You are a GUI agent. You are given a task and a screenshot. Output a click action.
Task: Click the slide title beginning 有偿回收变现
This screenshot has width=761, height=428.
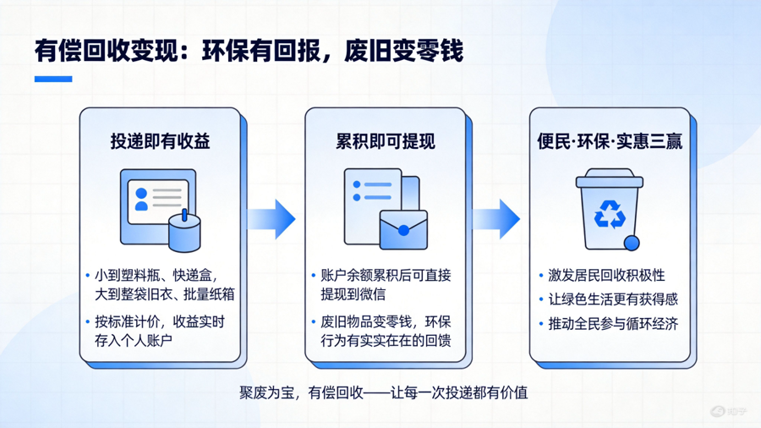tap(249, 51)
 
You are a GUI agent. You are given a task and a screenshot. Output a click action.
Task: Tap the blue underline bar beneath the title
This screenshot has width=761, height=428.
tap(53, 79)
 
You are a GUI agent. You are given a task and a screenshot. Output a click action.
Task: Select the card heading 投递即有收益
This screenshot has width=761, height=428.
tap(160, 141)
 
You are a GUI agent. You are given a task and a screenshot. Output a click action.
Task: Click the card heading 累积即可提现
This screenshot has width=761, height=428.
tap(386, 141)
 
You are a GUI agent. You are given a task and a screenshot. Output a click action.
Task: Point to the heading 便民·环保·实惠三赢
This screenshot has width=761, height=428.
tap(610, 141)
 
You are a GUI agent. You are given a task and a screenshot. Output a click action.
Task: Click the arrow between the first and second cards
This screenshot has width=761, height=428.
tap(271, 219)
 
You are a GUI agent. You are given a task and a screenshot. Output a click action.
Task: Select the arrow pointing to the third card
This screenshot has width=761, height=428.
tap(496, 219)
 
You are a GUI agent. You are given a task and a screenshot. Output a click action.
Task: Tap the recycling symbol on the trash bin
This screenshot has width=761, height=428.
tap(610, 215)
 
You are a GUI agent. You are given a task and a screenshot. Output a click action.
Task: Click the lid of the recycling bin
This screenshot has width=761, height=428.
tap(610, 178)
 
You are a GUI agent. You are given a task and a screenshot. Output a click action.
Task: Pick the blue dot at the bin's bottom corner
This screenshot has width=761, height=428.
tap(632, 243)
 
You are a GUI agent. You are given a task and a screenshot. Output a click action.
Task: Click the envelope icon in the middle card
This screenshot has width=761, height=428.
tap(403, 229)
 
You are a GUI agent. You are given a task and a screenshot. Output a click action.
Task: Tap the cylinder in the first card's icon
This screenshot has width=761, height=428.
tap(184, 233)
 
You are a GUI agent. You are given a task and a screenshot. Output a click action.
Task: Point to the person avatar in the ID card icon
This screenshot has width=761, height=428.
tap(141, 200)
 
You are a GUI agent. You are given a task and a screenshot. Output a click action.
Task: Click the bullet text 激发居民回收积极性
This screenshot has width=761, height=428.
tap(606, 275)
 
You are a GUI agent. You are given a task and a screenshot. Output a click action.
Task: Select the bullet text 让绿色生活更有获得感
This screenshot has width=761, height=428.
tap(613, 299)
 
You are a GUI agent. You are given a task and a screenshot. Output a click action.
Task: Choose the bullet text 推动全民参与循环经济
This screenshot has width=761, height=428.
tap(613, 324)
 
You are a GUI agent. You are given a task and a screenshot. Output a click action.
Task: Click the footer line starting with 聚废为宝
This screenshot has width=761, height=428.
tap(383, 392)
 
